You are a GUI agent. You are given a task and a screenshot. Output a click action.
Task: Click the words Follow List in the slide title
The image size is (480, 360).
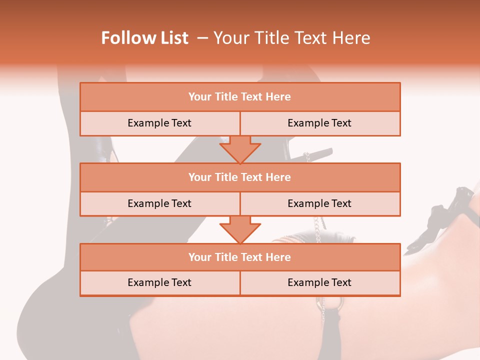tap(145, 38)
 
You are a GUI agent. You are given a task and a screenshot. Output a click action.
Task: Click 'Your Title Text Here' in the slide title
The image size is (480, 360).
tap(291, 38)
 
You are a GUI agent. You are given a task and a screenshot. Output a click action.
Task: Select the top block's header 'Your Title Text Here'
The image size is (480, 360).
tap(239, 97)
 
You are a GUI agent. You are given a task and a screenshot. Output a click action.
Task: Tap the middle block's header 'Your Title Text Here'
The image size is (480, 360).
tap(239, 177)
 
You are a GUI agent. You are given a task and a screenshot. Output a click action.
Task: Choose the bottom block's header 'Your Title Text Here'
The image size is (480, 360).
tap(239, 257)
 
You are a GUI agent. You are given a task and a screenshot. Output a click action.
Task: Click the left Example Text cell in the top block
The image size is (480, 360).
tap(159, 123)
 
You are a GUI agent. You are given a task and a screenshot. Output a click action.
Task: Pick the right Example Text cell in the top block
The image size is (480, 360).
tap(319, 123)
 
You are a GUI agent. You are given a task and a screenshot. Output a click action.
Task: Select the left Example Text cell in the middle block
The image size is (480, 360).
tap(159, 203)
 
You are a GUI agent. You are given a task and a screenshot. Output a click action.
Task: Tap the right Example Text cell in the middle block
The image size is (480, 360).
tap(319, 203)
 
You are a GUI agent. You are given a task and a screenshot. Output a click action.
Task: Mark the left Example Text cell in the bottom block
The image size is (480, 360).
tap(159, 282)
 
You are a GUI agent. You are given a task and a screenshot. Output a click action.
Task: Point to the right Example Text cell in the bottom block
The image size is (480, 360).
tap(319, 282)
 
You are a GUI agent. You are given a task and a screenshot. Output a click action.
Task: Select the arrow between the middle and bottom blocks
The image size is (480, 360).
tap(240, 229)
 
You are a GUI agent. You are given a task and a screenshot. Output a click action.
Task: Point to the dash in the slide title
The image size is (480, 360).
tap(202, 38)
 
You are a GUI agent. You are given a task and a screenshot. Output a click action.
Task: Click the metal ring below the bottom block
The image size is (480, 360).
tap(335, 302)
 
